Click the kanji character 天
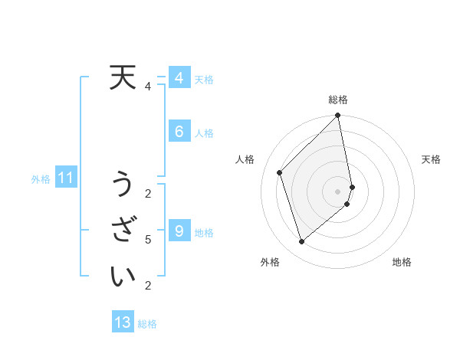coord(123,77)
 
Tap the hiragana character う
coord(123,184)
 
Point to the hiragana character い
coord(123,276)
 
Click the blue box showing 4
coord(179,78)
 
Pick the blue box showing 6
coord(179,132)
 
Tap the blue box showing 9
coord(179,231)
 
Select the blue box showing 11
coord(66,178)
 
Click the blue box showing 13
coord(123,322)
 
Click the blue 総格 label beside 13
coord(147,324)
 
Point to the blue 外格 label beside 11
coord(41,180)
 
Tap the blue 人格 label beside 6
coord(204,133)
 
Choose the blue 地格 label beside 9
coord(204,233)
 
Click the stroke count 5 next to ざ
coord(148,240)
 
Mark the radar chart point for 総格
coord(338,116)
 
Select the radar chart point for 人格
coord(280,172)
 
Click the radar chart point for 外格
coord(301,242)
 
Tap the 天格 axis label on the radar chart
coord(431,159)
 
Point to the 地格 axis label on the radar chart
coord(402,263)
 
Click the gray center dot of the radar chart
coord(338,191)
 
